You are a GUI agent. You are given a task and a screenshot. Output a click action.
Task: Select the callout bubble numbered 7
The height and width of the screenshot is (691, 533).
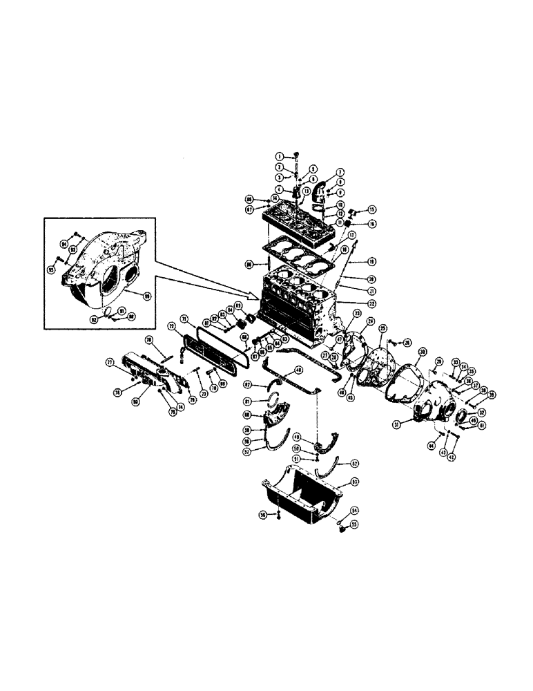tap(340, 172)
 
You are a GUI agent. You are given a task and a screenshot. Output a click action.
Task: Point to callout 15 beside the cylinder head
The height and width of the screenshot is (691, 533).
tap(372, 209)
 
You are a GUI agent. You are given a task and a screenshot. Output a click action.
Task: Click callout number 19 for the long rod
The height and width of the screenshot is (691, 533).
tap(371, 263)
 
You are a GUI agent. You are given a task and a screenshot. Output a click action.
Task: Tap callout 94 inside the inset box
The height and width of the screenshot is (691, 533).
tap(66, 244)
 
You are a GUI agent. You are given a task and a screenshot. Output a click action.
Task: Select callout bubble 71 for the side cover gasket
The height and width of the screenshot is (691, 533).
tap(185, 319)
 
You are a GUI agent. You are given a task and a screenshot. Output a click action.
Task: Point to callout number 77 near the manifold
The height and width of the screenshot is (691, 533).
tap(108, 362)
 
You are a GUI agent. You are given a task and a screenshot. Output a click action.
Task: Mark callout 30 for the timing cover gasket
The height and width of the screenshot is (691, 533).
tap(424, 350)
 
